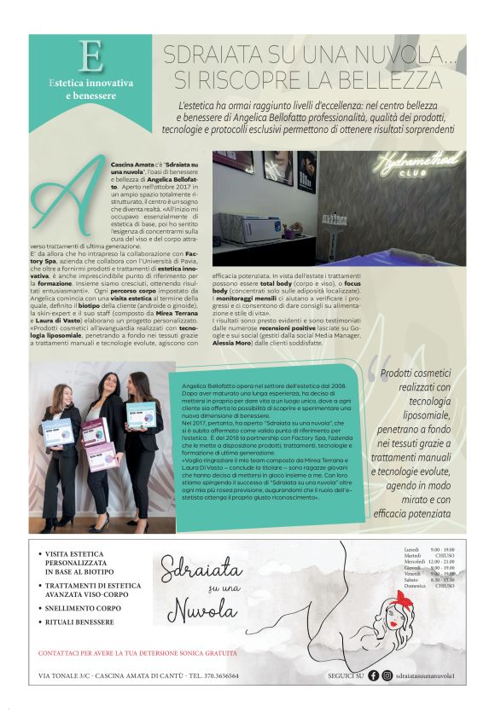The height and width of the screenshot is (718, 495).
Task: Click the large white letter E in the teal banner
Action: (x=90, y=56)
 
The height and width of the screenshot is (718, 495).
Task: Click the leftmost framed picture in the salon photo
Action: (x=233, y=161)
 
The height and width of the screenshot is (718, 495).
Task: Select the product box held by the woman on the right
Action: (x=141, y=414)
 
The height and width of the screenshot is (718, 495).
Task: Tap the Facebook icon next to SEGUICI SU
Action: (x=373, y=675)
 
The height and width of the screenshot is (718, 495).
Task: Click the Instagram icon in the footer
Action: (x=387, y=675)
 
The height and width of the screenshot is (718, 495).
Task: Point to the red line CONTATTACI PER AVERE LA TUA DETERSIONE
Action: (x=137, y=653)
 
